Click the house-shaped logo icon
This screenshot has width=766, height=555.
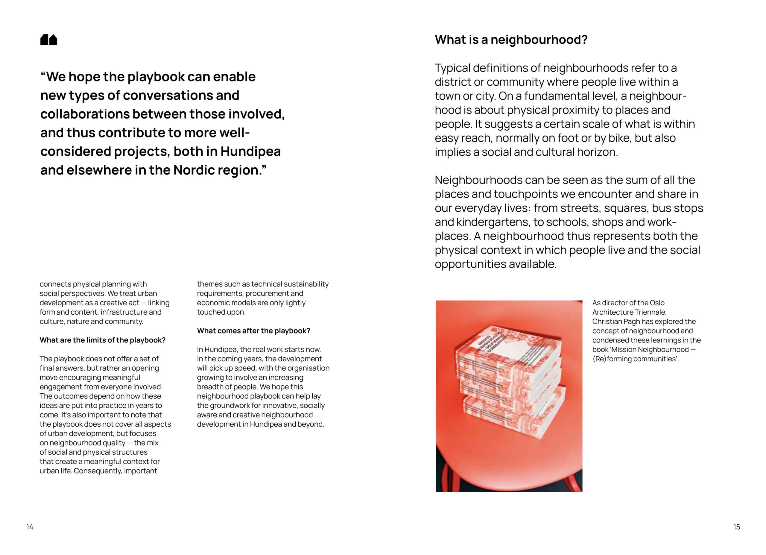49,40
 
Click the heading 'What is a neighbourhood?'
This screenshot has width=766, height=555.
511,40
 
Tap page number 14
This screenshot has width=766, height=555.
30,527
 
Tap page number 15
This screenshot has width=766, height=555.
736,527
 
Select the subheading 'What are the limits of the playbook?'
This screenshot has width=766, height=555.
102,340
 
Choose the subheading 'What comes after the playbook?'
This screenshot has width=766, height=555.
253,331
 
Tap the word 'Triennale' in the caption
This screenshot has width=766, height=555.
649,312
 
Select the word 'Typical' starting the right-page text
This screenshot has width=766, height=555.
452,68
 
